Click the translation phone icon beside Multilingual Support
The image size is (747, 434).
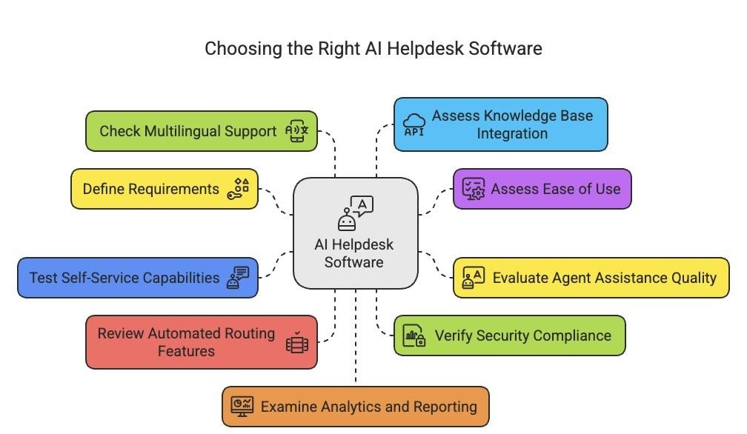(x=299, y=131)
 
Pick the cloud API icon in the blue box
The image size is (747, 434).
(x=414, y=124)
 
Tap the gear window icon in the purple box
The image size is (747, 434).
(x=473, y=189)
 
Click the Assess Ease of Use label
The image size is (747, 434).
(x=555, y=189)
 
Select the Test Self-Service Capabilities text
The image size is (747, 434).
(x=124, y=278)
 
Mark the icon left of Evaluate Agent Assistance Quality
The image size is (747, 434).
(x=473, y=278)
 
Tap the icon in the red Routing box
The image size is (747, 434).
(x=297, y=342)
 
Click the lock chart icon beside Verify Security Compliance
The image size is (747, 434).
(x=414, y=335)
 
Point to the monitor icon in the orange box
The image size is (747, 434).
(x=242, y=406)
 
